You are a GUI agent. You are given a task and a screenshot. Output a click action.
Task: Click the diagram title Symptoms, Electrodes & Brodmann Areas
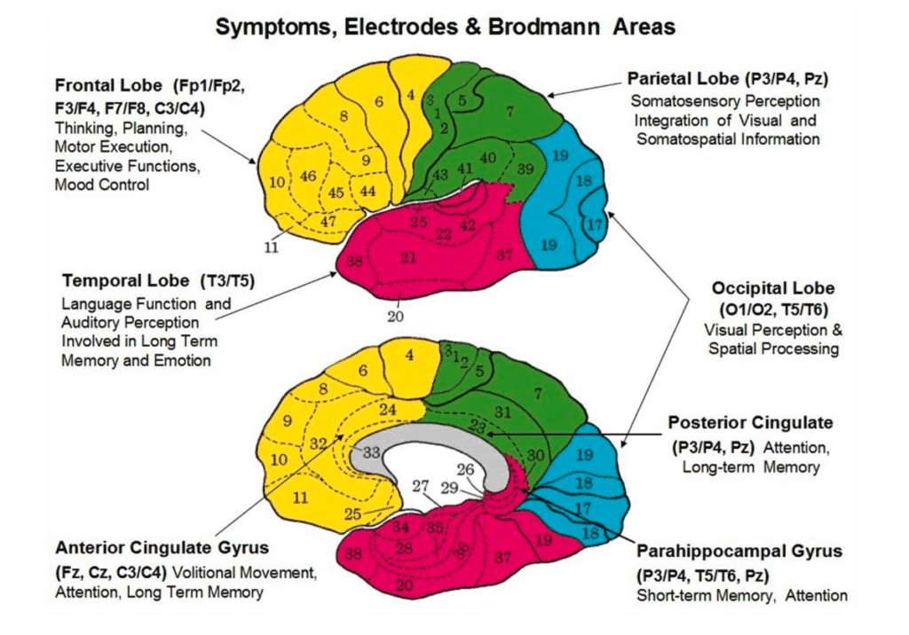445,27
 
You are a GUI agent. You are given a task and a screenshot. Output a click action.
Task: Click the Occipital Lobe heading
772,289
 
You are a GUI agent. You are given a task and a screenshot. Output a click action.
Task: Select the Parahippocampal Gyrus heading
739,552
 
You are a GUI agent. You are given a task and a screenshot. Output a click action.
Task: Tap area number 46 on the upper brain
308,176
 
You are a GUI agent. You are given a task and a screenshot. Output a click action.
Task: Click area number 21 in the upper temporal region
409,258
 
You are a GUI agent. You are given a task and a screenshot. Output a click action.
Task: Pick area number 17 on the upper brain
594,224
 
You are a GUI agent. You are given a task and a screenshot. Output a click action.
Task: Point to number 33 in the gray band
372,451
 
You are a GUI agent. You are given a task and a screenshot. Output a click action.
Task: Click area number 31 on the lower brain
503,412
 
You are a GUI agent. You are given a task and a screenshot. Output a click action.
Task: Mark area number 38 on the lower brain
353,554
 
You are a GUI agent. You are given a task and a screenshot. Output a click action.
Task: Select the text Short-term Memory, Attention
742,595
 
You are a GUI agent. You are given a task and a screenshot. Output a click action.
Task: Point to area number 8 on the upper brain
344,115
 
